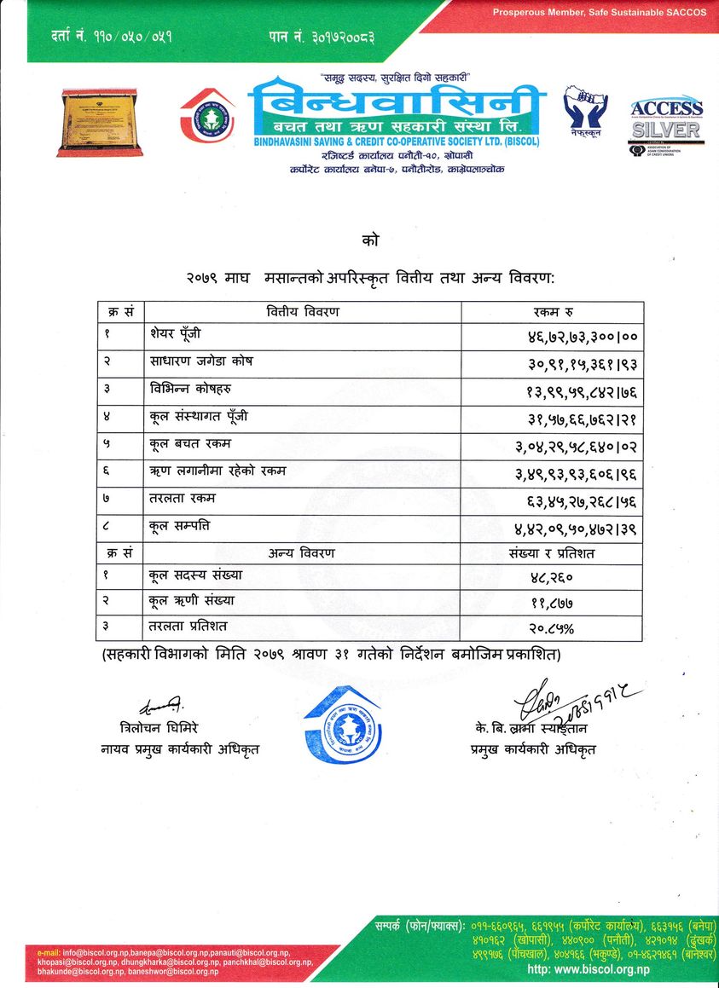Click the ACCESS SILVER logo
(x=665, y=121)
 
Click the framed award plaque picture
(x=99, y=122)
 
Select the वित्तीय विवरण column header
(x=303, y=311)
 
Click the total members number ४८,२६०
(x=551, y=578)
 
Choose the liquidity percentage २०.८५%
(x=551, y=629)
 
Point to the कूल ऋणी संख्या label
(x=191, y=601)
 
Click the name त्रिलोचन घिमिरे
(x=160, y=728)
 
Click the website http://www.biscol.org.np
(x=589, y=970)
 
